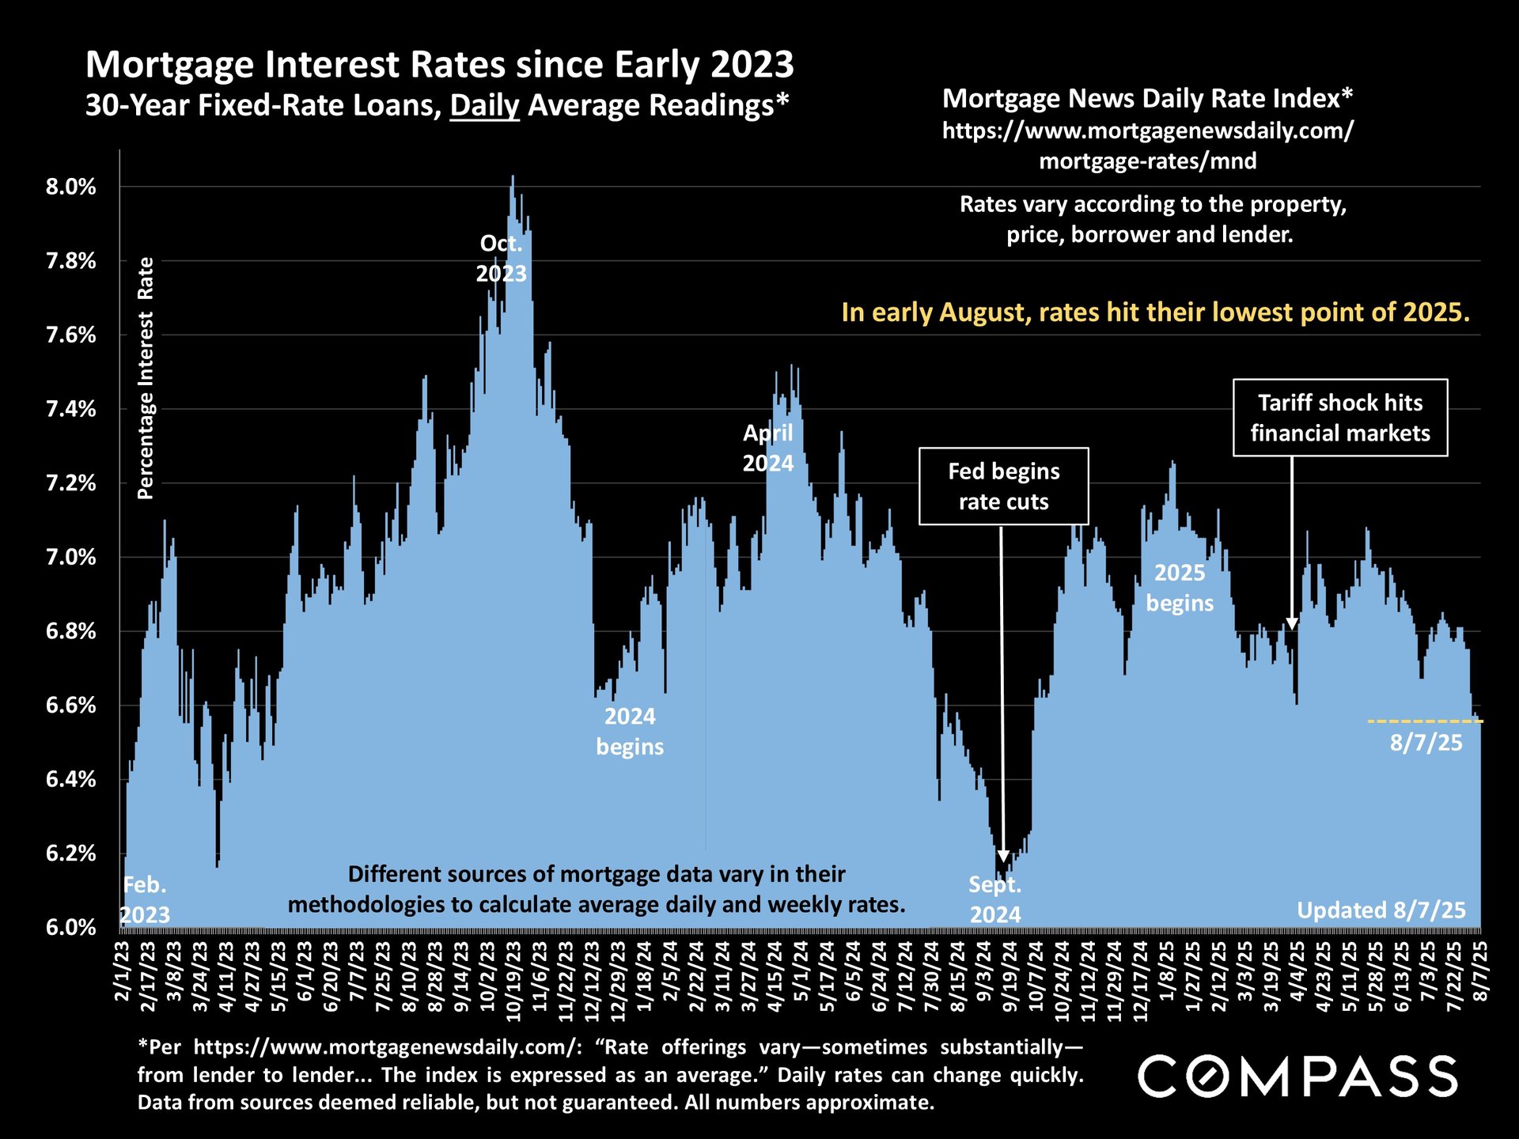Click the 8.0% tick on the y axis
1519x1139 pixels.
[x=70, y=187]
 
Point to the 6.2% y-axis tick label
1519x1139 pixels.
[x=70, y=853]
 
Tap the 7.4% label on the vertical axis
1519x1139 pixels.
[x=70, y=410]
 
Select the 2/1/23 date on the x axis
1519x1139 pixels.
[x=123, y=971]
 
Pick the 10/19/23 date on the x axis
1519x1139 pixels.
[x=513, y=978]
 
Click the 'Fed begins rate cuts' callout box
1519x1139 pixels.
[x=1003, y=486]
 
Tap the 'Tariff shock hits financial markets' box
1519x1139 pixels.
[x=1340, y=418]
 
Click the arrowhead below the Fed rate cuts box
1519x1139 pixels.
[x=1003, y=856]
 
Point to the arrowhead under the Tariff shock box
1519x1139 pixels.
[x=1292, y=623]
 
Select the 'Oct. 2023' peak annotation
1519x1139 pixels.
[x=501, y=259]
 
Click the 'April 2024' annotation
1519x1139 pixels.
[x=767, y=448]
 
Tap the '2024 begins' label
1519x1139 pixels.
[x=630, y=732]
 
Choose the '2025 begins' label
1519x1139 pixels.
[x=1180, y=588]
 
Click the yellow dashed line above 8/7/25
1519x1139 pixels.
[x=1425, y=721]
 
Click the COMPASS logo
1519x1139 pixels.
[x=1297, y=1076]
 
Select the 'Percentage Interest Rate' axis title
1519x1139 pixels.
[x=146, y=378]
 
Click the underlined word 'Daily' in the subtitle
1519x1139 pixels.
[x=484, y=105]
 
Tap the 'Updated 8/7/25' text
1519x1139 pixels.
[x=1381, y=910]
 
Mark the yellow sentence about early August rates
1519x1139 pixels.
[x=1155, y=312]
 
